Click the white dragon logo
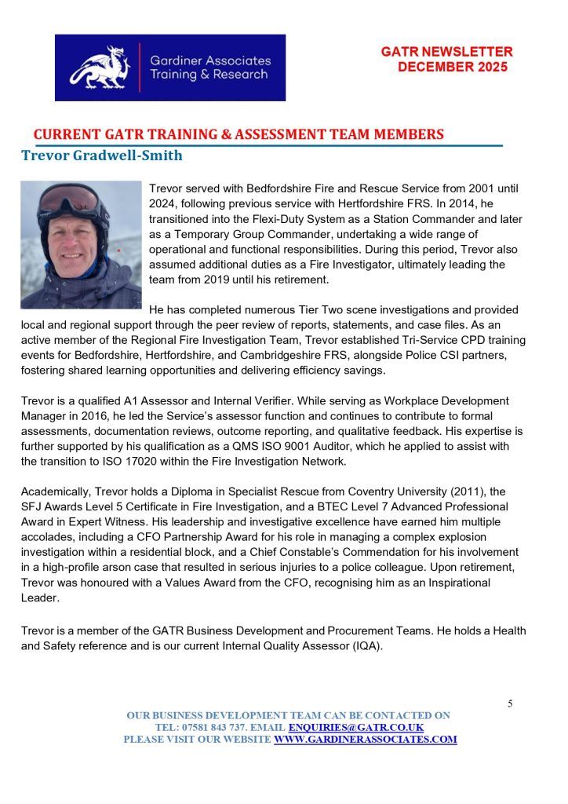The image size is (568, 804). pyautogui.click(x=98, y=67)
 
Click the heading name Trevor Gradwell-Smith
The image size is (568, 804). pyautogui.click(x=102, y=155)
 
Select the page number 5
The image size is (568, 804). pyautogui.click(x=510, y=703)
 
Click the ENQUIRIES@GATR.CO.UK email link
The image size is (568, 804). pyautogui.click(x=356, y=728)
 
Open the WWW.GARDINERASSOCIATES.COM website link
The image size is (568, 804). pyautogui.click(x=365, y=740)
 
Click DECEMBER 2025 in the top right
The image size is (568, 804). pyautogui.click(x=453, y=67)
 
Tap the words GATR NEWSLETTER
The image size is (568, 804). pyautogui.click(x=446, y=52)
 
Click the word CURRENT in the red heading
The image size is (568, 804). pyautogui.click(x=66, y=134)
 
